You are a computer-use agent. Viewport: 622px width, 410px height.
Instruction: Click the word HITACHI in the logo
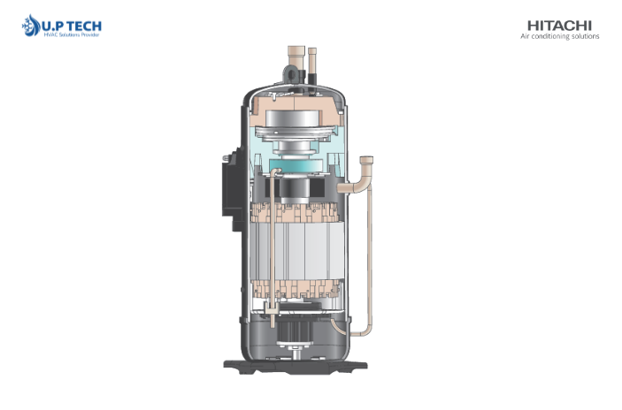(559, 26)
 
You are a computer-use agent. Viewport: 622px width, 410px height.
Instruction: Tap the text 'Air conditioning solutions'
(560, 36)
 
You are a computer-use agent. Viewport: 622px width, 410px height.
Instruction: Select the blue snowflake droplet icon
(31, 26)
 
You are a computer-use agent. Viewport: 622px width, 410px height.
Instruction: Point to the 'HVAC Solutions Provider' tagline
(72, 34)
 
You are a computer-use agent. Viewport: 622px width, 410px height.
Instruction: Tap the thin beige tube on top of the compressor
(312, 60)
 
